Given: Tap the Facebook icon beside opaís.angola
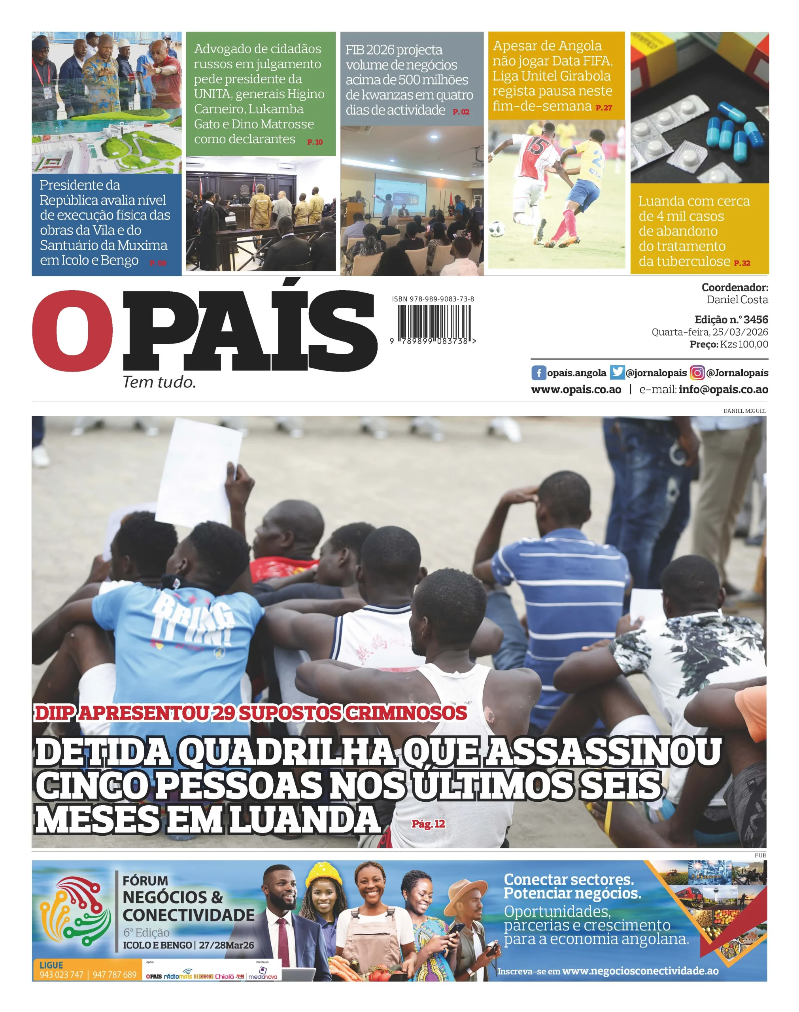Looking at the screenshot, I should tap(538, 373).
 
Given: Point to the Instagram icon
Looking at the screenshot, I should tap(697, 373).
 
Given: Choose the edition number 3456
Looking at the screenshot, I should tap(756, 319).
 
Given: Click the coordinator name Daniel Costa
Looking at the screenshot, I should tap(737, 300).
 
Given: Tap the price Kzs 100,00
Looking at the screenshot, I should tap(744, 344).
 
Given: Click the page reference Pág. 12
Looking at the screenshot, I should tap(428, 824).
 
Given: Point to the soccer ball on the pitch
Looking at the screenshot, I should tap(497, 229).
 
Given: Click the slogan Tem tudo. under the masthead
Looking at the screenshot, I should tap(159, 383).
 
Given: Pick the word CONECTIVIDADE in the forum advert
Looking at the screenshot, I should tap(189, 915).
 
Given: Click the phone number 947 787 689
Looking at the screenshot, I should tap(115, 974).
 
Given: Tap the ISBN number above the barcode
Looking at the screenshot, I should tap(433, 299).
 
